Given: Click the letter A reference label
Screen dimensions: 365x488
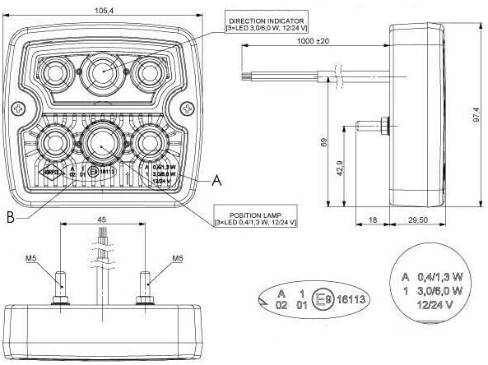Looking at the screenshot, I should click(216, 177).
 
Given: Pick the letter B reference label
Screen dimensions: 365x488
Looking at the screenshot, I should click(9, 216).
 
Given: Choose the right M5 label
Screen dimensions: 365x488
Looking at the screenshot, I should click(178, 258).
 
